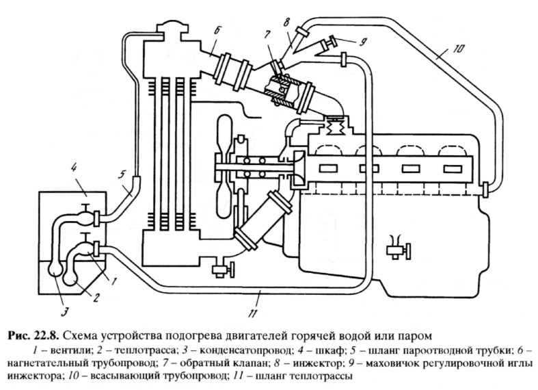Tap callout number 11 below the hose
click(252, 313)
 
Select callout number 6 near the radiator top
click(217, 31)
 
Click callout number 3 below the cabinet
click(65, 313)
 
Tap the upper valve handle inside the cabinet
click(85, 207)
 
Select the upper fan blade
click(225, 134)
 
